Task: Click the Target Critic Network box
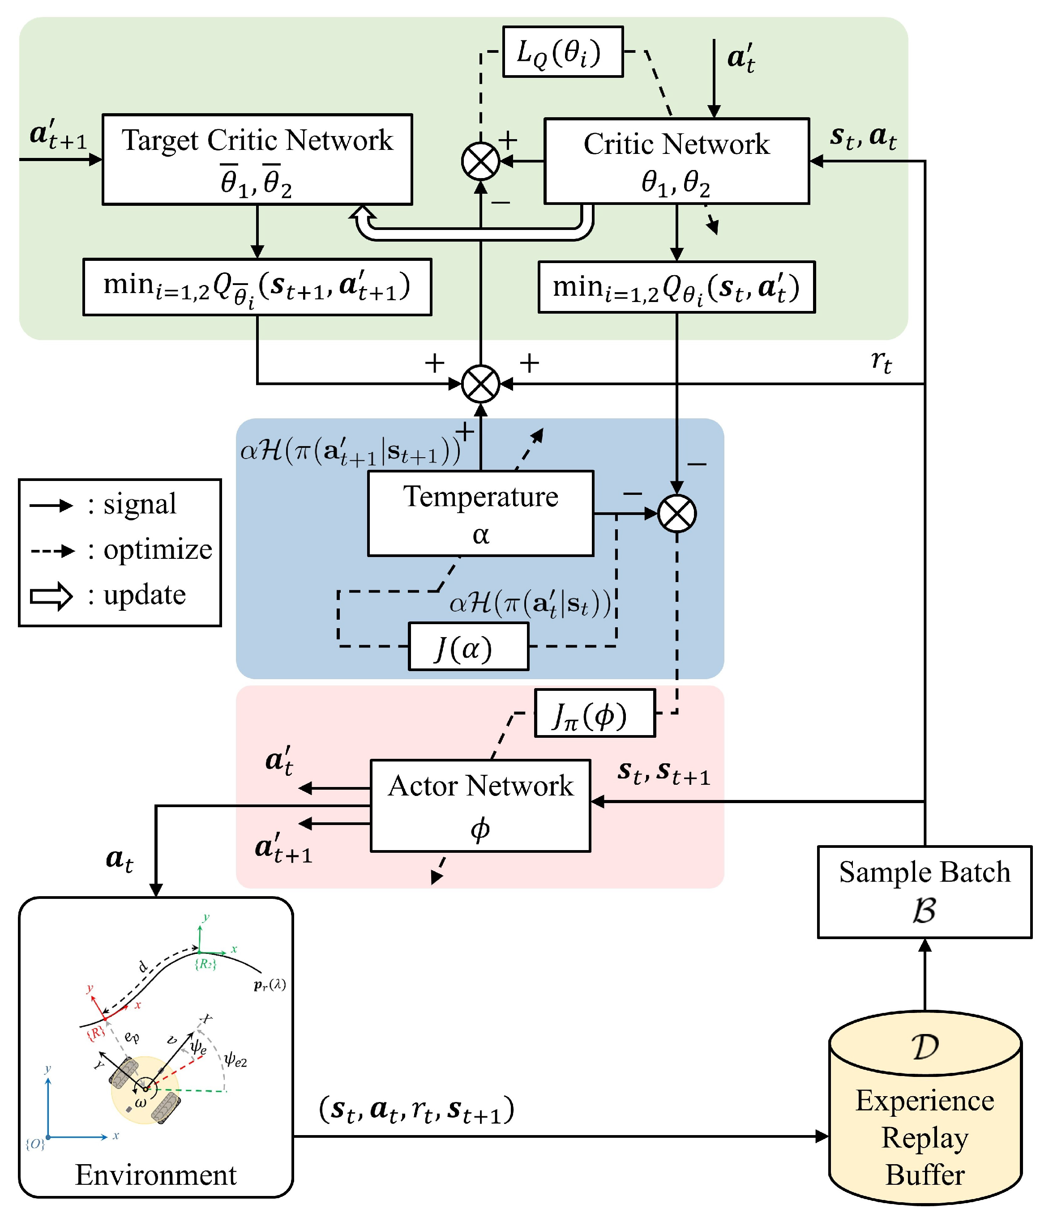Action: [257, 159]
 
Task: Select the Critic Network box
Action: [676, 161]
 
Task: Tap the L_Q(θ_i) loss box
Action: [562, 52]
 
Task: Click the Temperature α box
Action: [480, 513]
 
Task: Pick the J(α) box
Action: [468, 647]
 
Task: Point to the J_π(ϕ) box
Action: [594, 713]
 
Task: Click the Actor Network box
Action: [480, 805]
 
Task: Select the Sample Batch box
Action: [924, 892]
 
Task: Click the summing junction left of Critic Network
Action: [480, 161]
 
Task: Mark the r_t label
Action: [881, 361]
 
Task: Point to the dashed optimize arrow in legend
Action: [52, 551]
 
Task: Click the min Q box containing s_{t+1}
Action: [257, 287]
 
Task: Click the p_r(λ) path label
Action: [270, 985]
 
